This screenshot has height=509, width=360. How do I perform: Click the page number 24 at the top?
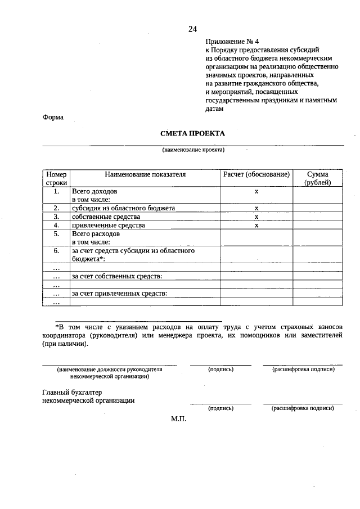(192, 29)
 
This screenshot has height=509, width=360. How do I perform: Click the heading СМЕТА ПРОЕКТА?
(192, 133)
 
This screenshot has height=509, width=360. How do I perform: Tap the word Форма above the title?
(53, 118)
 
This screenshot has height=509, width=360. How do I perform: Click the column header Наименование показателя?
(145, 174)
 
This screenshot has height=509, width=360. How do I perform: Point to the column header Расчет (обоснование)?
(256, 174)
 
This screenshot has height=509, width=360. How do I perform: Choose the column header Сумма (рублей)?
(317, 178)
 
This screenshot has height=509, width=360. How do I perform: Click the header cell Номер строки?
(56, 178)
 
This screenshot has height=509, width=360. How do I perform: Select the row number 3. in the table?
(56, 217)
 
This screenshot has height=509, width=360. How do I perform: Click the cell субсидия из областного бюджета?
(123, 208)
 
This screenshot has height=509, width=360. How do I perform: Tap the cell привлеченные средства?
(108, 225)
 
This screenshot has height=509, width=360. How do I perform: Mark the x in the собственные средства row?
(256, 217)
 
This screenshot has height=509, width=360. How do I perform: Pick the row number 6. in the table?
(56, 251)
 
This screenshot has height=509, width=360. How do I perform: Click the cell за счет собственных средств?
(116, 276)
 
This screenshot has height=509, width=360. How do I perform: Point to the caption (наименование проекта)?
(193, 150)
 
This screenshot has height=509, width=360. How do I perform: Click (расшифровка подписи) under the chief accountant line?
(303, 408)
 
